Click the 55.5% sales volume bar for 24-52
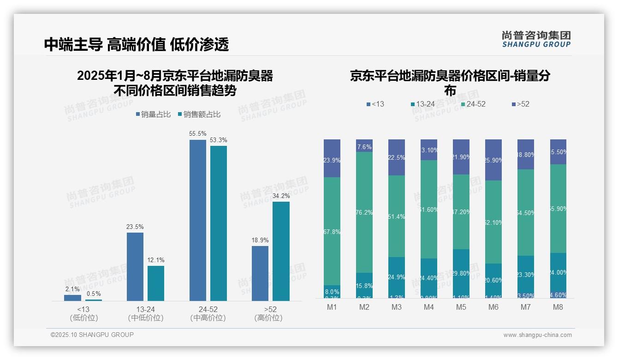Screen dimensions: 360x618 point(198,220)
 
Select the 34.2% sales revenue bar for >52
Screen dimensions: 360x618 point(281,251)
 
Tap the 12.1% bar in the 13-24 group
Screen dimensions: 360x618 point(156,283)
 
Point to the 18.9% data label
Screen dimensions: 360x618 point(260,240)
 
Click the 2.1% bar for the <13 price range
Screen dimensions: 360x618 point(72,298)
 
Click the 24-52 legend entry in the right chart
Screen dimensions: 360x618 point(473,104)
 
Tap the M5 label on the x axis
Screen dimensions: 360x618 point(461,307)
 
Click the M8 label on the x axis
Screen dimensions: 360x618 point(558,307)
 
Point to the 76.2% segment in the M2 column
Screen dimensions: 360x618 point(364,212)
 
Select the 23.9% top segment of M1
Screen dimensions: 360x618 point(332,158)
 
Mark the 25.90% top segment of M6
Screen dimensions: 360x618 point(493,160)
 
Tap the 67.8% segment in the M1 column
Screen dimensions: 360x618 point(332,231)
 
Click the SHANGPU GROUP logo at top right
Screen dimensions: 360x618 point(536,39)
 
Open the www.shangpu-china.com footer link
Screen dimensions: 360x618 point(537,335)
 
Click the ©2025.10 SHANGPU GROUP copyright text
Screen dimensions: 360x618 point(92,335)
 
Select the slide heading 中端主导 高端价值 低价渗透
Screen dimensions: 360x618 point(137,44)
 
